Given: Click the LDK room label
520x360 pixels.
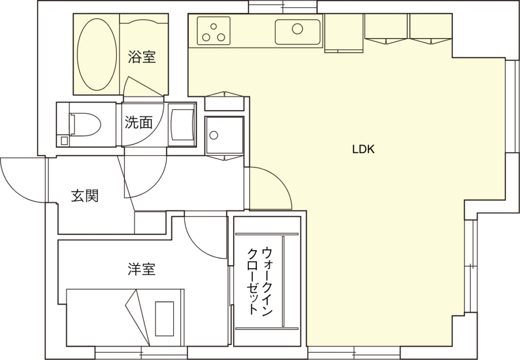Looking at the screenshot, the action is (363, 149).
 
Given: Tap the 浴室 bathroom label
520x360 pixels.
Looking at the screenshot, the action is (142, 57).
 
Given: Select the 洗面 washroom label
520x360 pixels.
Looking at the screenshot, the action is (139, 122).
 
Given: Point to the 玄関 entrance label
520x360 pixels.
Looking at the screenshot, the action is (85, 196).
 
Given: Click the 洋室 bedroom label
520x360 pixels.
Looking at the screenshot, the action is (142, 269).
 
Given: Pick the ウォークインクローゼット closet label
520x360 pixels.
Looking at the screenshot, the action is (260, 281).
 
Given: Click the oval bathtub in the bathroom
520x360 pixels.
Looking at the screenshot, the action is (97, 54).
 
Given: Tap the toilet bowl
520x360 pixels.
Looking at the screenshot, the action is (85, 124).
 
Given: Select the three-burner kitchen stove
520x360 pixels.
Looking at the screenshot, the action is (214, 31).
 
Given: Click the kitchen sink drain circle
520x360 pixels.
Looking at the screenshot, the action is (298, 29).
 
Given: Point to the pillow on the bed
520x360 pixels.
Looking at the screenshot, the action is (165, 318).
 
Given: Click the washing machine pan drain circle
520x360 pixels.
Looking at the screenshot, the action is (214, 135).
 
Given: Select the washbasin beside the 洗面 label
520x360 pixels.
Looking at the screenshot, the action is (182, 124).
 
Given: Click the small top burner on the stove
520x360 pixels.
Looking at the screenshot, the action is (214, 26).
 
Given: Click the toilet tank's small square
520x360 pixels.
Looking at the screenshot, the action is (64, 141).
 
